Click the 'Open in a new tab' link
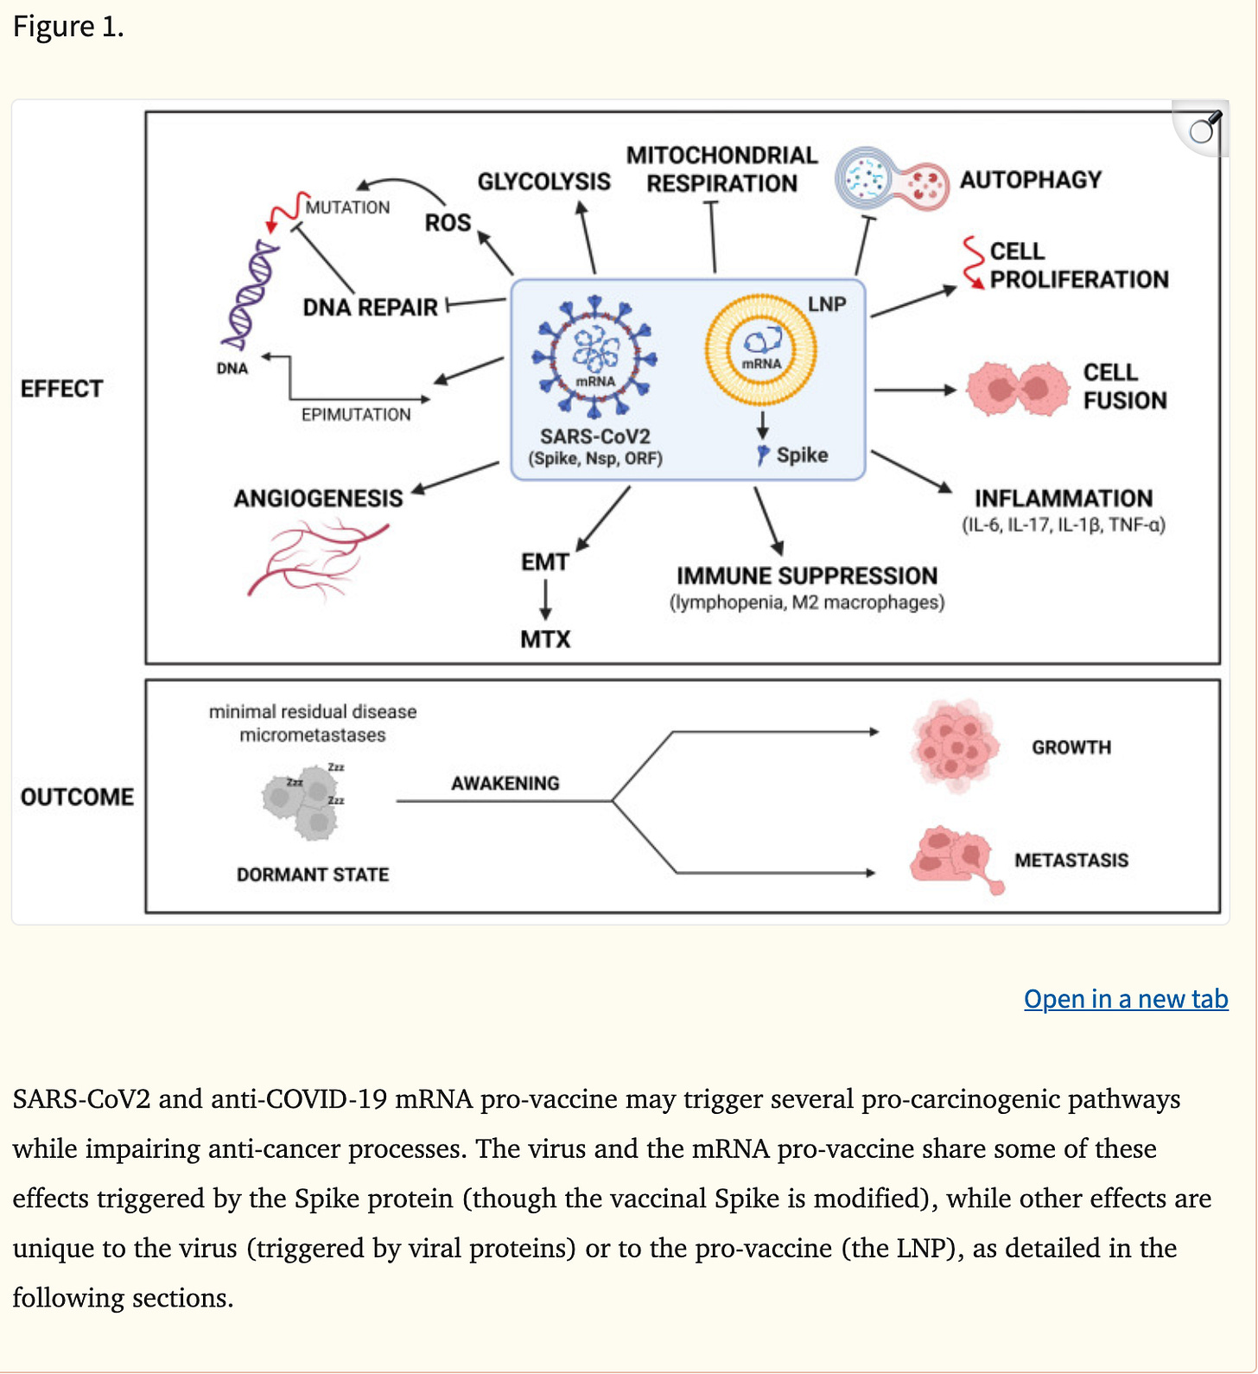1126,999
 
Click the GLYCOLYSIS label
544,181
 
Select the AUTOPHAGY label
1031,180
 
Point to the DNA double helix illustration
249,294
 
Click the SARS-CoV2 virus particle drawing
594,355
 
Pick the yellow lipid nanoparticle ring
761,350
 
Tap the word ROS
448,223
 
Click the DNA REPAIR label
370,308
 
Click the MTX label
545,639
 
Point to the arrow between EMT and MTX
545,600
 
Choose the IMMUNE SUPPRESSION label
807,576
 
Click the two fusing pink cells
1018,389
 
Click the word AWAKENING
505,783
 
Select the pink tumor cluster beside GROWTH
955,746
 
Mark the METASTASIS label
1071,860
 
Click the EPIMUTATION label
356,415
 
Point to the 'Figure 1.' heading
68,27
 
